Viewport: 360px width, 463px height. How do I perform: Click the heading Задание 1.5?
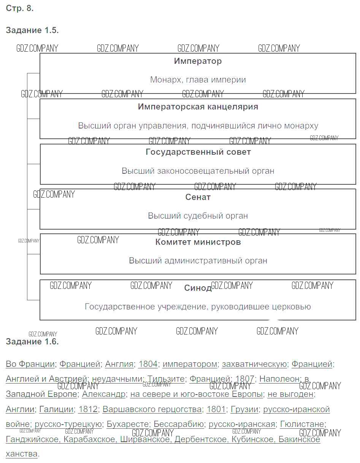tap(32, 30)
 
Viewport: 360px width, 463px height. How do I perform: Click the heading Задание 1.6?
tap(32, 341)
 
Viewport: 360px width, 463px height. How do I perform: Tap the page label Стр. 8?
tap(20, 8)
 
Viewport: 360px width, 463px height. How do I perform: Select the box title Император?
tap(198, 61)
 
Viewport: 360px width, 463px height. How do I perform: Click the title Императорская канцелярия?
tap(198, 106)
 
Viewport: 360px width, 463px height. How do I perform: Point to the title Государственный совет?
tap(198, 152)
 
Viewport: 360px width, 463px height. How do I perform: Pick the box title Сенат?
tap(198, 197)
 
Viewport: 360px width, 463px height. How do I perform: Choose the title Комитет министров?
tap(198, 242)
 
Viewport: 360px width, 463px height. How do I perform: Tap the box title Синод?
tap(198, 288)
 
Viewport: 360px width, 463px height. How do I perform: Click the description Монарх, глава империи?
tap(198, 80)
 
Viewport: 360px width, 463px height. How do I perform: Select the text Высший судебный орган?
tap(198, 216)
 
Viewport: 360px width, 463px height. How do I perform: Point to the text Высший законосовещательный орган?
tap(198, 171)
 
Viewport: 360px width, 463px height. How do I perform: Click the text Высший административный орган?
tap(198, 261)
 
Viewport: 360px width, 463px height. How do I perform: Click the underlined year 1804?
tap(148, 364)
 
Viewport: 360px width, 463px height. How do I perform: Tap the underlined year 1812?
tap(88, 409)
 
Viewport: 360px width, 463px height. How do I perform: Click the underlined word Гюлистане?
tap(302, 424)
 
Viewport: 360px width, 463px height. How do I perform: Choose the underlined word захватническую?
tap(254, 364)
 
